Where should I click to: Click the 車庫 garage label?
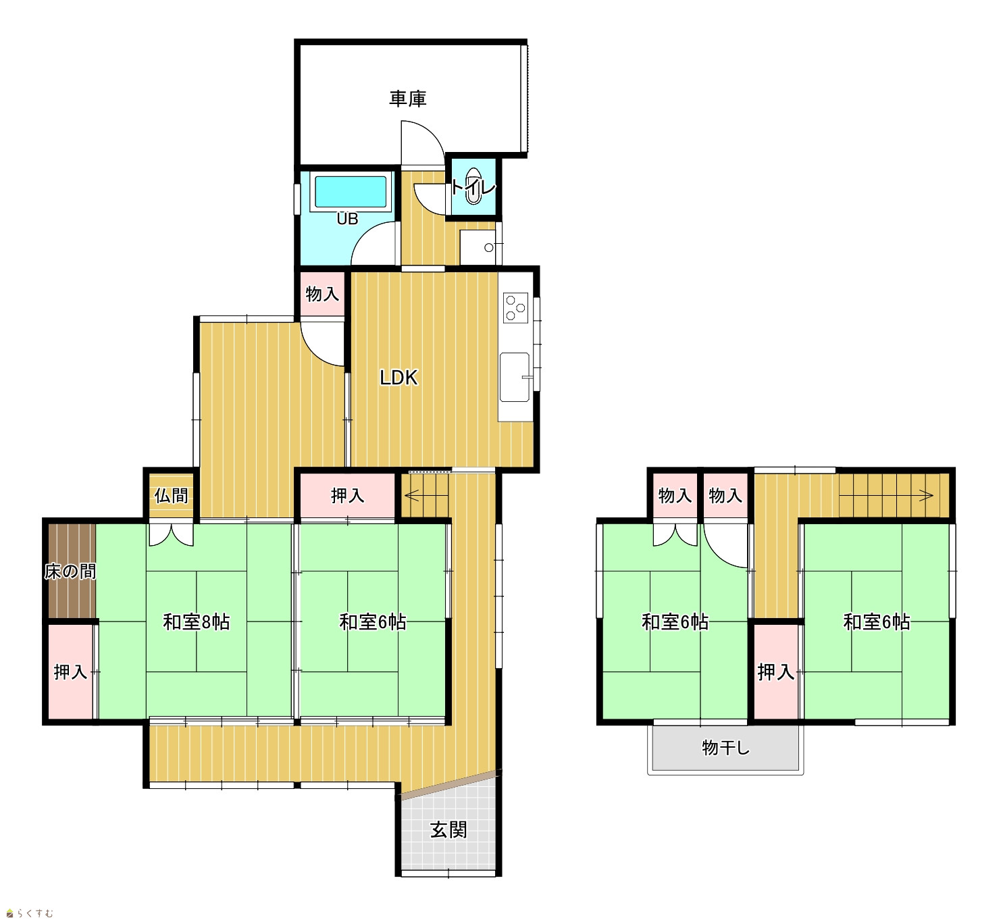coord(407,99)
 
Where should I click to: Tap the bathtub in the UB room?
coord(351,192)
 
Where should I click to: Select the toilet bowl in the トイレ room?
coord(473,186)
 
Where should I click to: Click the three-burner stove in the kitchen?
coord(515,307)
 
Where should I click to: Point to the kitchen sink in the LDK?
coord(515,377)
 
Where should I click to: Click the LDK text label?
coord(398,378)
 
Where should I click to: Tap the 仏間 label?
coord(171,496)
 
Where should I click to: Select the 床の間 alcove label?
coord(70,571)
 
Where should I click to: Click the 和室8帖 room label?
coord(197,622)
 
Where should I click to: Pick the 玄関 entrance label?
coord(448,830)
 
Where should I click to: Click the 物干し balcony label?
coord(725,748)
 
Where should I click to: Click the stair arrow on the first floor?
coord(426,496)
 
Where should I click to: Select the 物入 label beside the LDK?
coord(322,294)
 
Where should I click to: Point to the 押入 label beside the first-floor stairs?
coord(347,496)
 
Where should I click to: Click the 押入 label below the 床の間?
coord(70,672)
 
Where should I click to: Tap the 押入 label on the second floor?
coord(775,672)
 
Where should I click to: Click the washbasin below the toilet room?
coord(478,247)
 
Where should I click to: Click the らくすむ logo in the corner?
coord(30,913)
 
